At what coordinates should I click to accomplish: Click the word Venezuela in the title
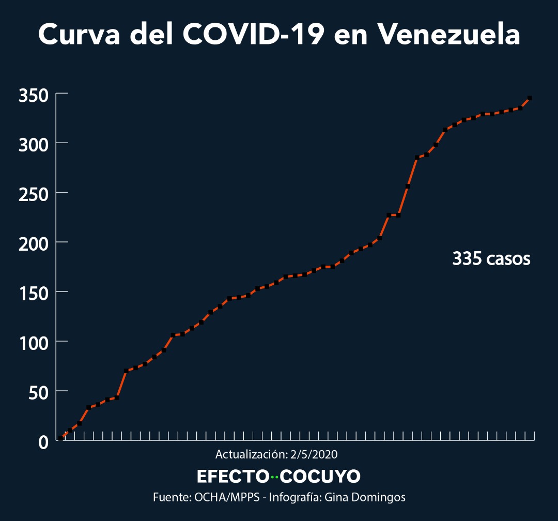449,34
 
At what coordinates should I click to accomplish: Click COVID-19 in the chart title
254,34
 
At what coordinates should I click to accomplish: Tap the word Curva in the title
79,34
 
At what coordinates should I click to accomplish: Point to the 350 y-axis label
34,96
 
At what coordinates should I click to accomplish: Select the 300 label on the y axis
34,145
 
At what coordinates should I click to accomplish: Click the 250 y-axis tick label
34,195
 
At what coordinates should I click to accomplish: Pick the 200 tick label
34,244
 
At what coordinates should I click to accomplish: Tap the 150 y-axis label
34,294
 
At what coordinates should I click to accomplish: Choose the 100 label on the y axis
34,343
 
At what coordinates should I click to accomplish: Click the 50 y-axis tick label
38,393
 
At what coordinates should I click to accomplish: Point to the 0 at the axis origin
43,442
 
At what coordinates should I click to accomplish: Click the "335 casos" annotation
491,258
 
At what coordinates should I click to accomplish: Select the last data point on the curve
530,98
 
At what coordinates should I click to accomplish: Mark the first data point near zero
61,438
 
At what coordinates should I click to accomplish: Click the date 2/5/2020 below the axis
314,454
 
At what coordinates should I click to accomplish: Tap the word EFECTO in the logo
233,477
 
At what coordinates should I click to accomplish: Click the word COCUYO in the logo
320,477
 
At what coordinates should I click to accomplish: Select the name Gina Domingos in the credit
365,498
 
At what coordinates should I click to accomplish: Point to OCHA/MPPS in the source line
227,497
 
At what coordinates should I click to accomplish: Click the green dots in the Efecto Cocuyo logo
274,477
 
